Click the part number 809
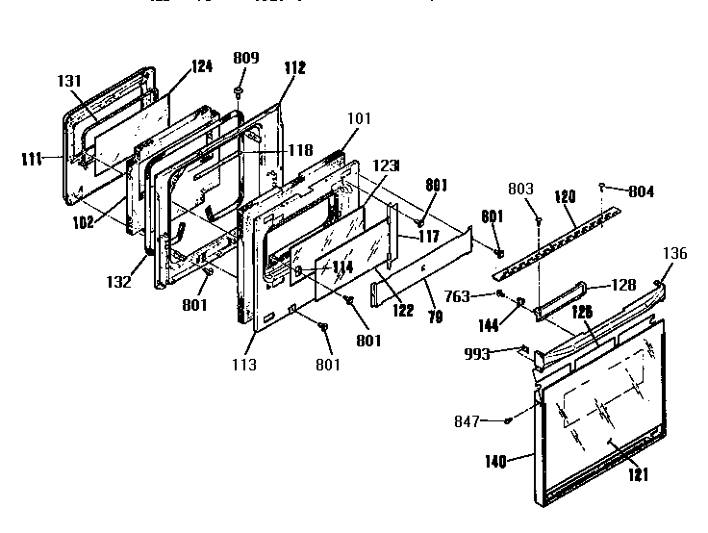246,59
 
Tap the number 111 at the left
32,159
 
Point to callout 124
201,66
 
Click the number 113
242,366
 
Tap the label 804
641,191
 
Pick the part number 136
676,254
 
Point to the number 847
468,421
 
